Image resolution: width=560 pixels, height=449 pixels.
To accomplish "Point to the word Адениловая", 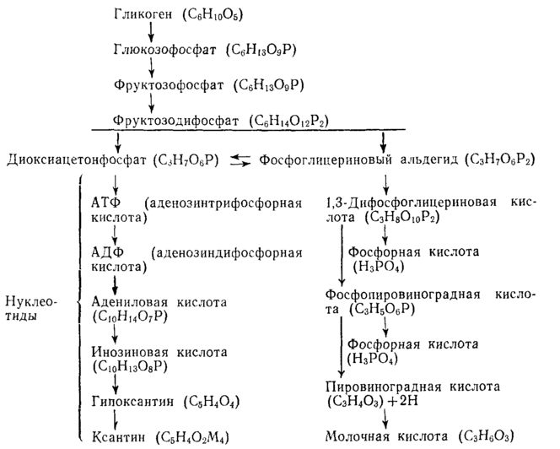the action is click(124, 301).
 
